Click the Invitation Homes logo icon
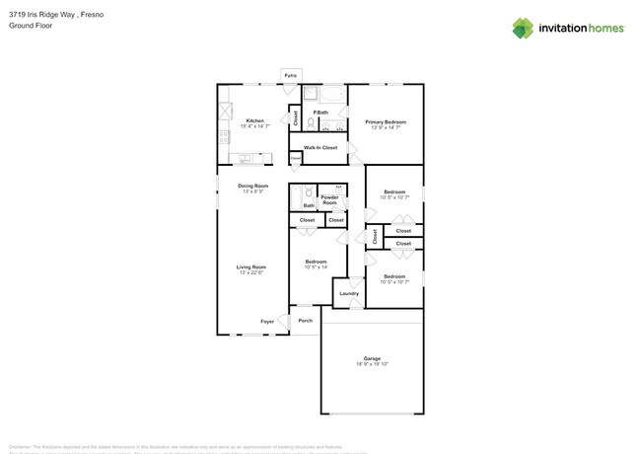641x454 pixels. tap(523, 28)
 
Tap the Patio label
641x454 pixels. tap(290, 75)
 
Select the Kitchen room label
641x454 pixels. tap(254, 120)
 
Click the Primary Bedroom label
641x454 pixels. tap(389, 121)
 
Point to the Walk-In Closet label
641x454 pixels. tap(320, 147)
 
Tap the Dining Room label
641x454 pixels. tap(252, 186)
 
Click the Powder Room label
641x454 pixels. tap(329, 199)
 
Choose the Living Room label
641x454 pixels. tap(250, 266)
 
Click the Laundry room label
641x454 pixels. tap(349, 293)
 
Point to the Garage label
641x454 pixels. tap(372, 358)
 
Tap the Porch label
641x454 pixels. tap(305, 320)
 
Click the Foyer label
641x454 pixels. tap(267, 321)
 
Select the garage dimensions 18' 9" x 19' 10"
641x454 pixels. tap(372, 364)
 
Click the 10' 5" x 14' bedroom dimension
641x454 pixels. tap(316, 267)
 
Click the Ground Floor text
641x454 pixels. tap(30, 27)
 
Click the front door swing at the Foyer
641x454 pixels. tap(283, 321)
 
